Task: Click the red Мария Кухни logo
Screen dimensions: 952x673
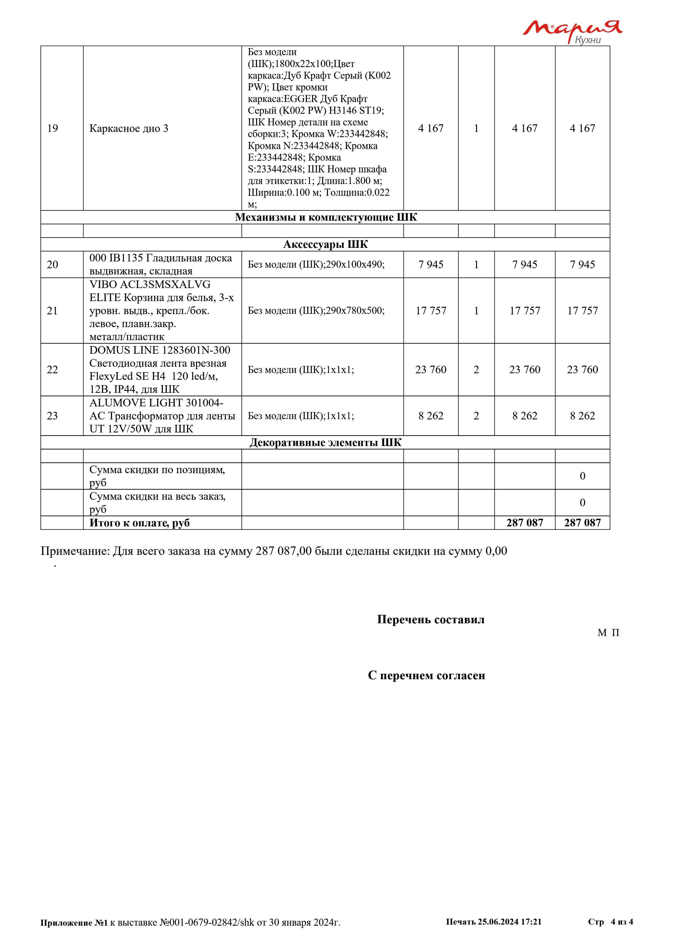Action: coord(572,31)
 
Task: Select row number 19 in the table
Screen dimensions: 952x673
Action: coord(53,129)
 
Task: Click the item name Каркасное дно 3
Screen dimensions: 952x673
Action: coord(129,129)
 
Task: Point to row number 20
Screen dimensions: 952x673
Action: coord(53,265)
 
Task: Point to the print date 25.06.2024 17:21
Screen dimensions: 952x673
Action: coord(509,922)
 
